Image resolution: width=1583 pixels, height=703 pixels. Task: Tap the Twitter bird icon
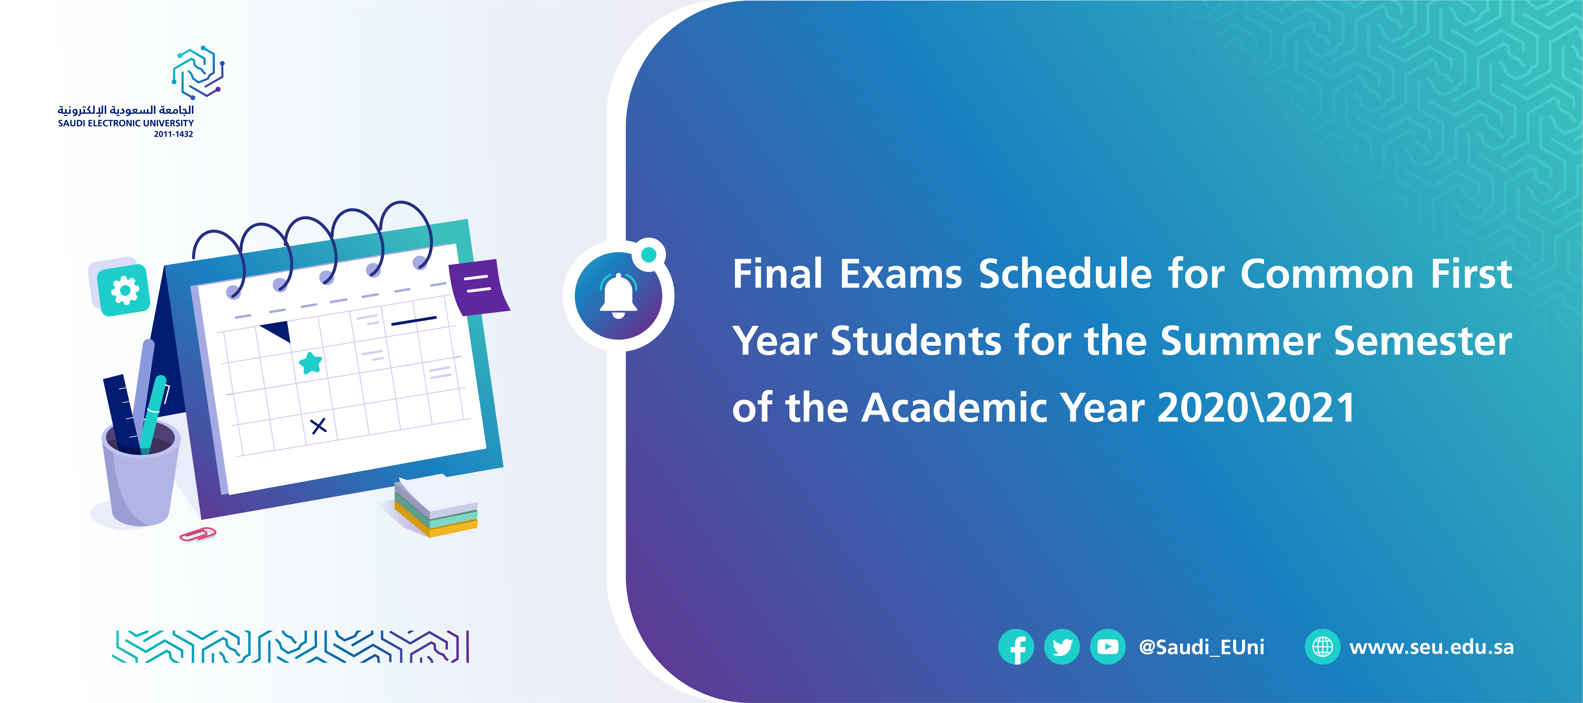[1062, 647]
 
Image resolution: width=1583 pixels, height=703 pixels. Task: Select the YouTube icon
[1107, 647]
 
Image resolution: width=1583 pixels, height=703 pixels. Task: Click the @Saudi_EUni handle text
[1201, 647]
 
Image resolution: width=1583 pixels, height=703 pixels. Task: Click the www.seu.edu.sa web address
[1431, 647]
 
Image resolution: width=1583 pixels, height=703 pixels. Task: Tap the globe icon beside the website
[1322, 647]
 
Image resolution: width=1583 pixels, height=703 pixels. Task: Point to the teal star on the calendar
[310, 363]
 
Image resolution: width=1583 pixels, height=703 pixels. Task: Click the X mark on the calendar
[318, 426]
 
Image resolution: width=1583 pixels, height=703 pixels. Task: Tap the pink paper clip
[197, 535]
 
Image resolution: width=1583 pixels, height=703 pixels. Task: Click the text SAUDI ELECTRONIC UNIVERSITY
[126, 123]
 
